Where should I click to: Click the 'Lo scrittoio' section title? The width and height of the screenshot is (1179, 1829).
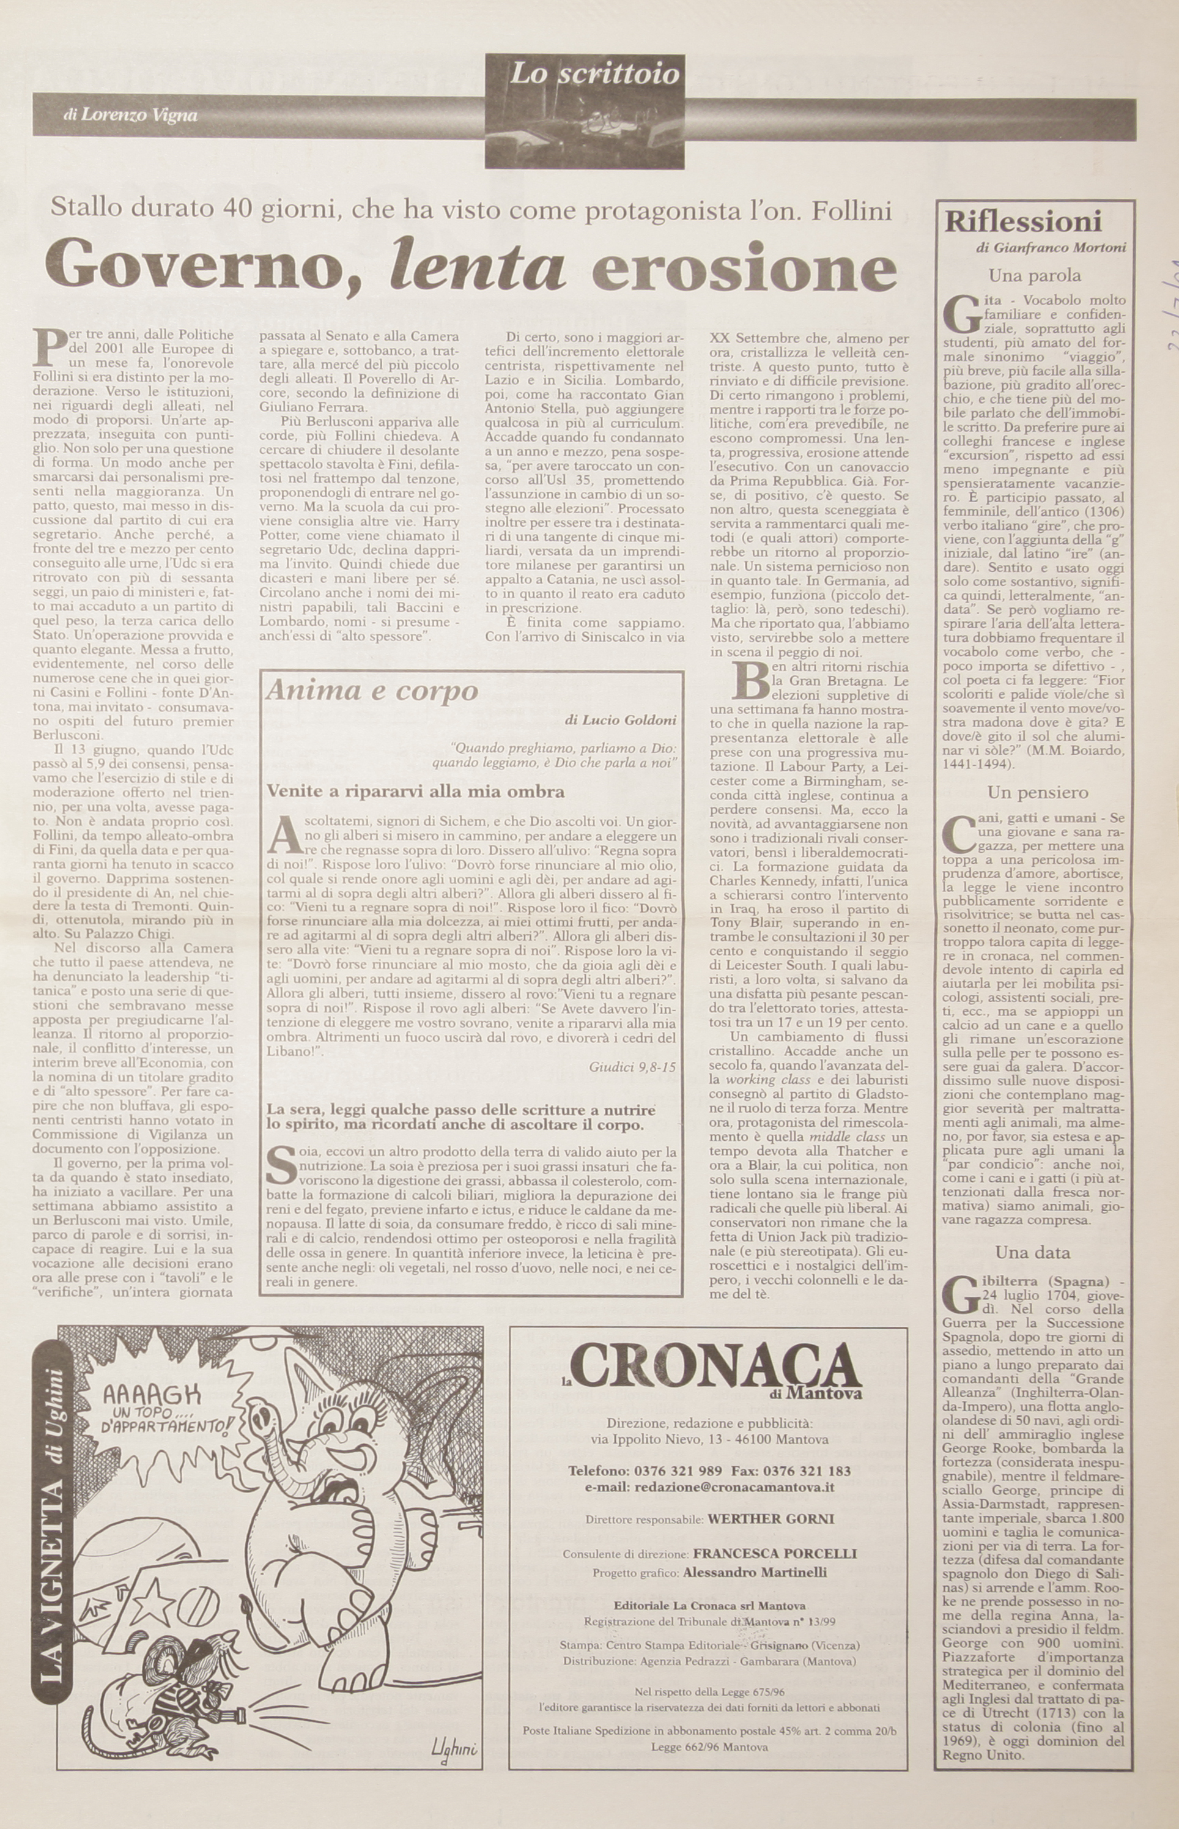click(594, 73)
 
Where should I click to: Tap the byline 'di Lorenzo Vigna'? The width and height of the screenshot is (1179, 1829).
click(131, 116)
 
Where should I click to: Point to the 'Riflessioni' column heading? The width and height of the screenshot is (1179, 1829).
click(1023, 221)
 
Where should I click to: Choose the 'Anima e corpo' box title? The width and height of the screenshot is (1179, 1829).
click(371, 691)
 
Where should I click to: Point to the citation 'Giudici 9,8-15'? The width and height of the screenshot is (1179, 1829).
click(632, 1066)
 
